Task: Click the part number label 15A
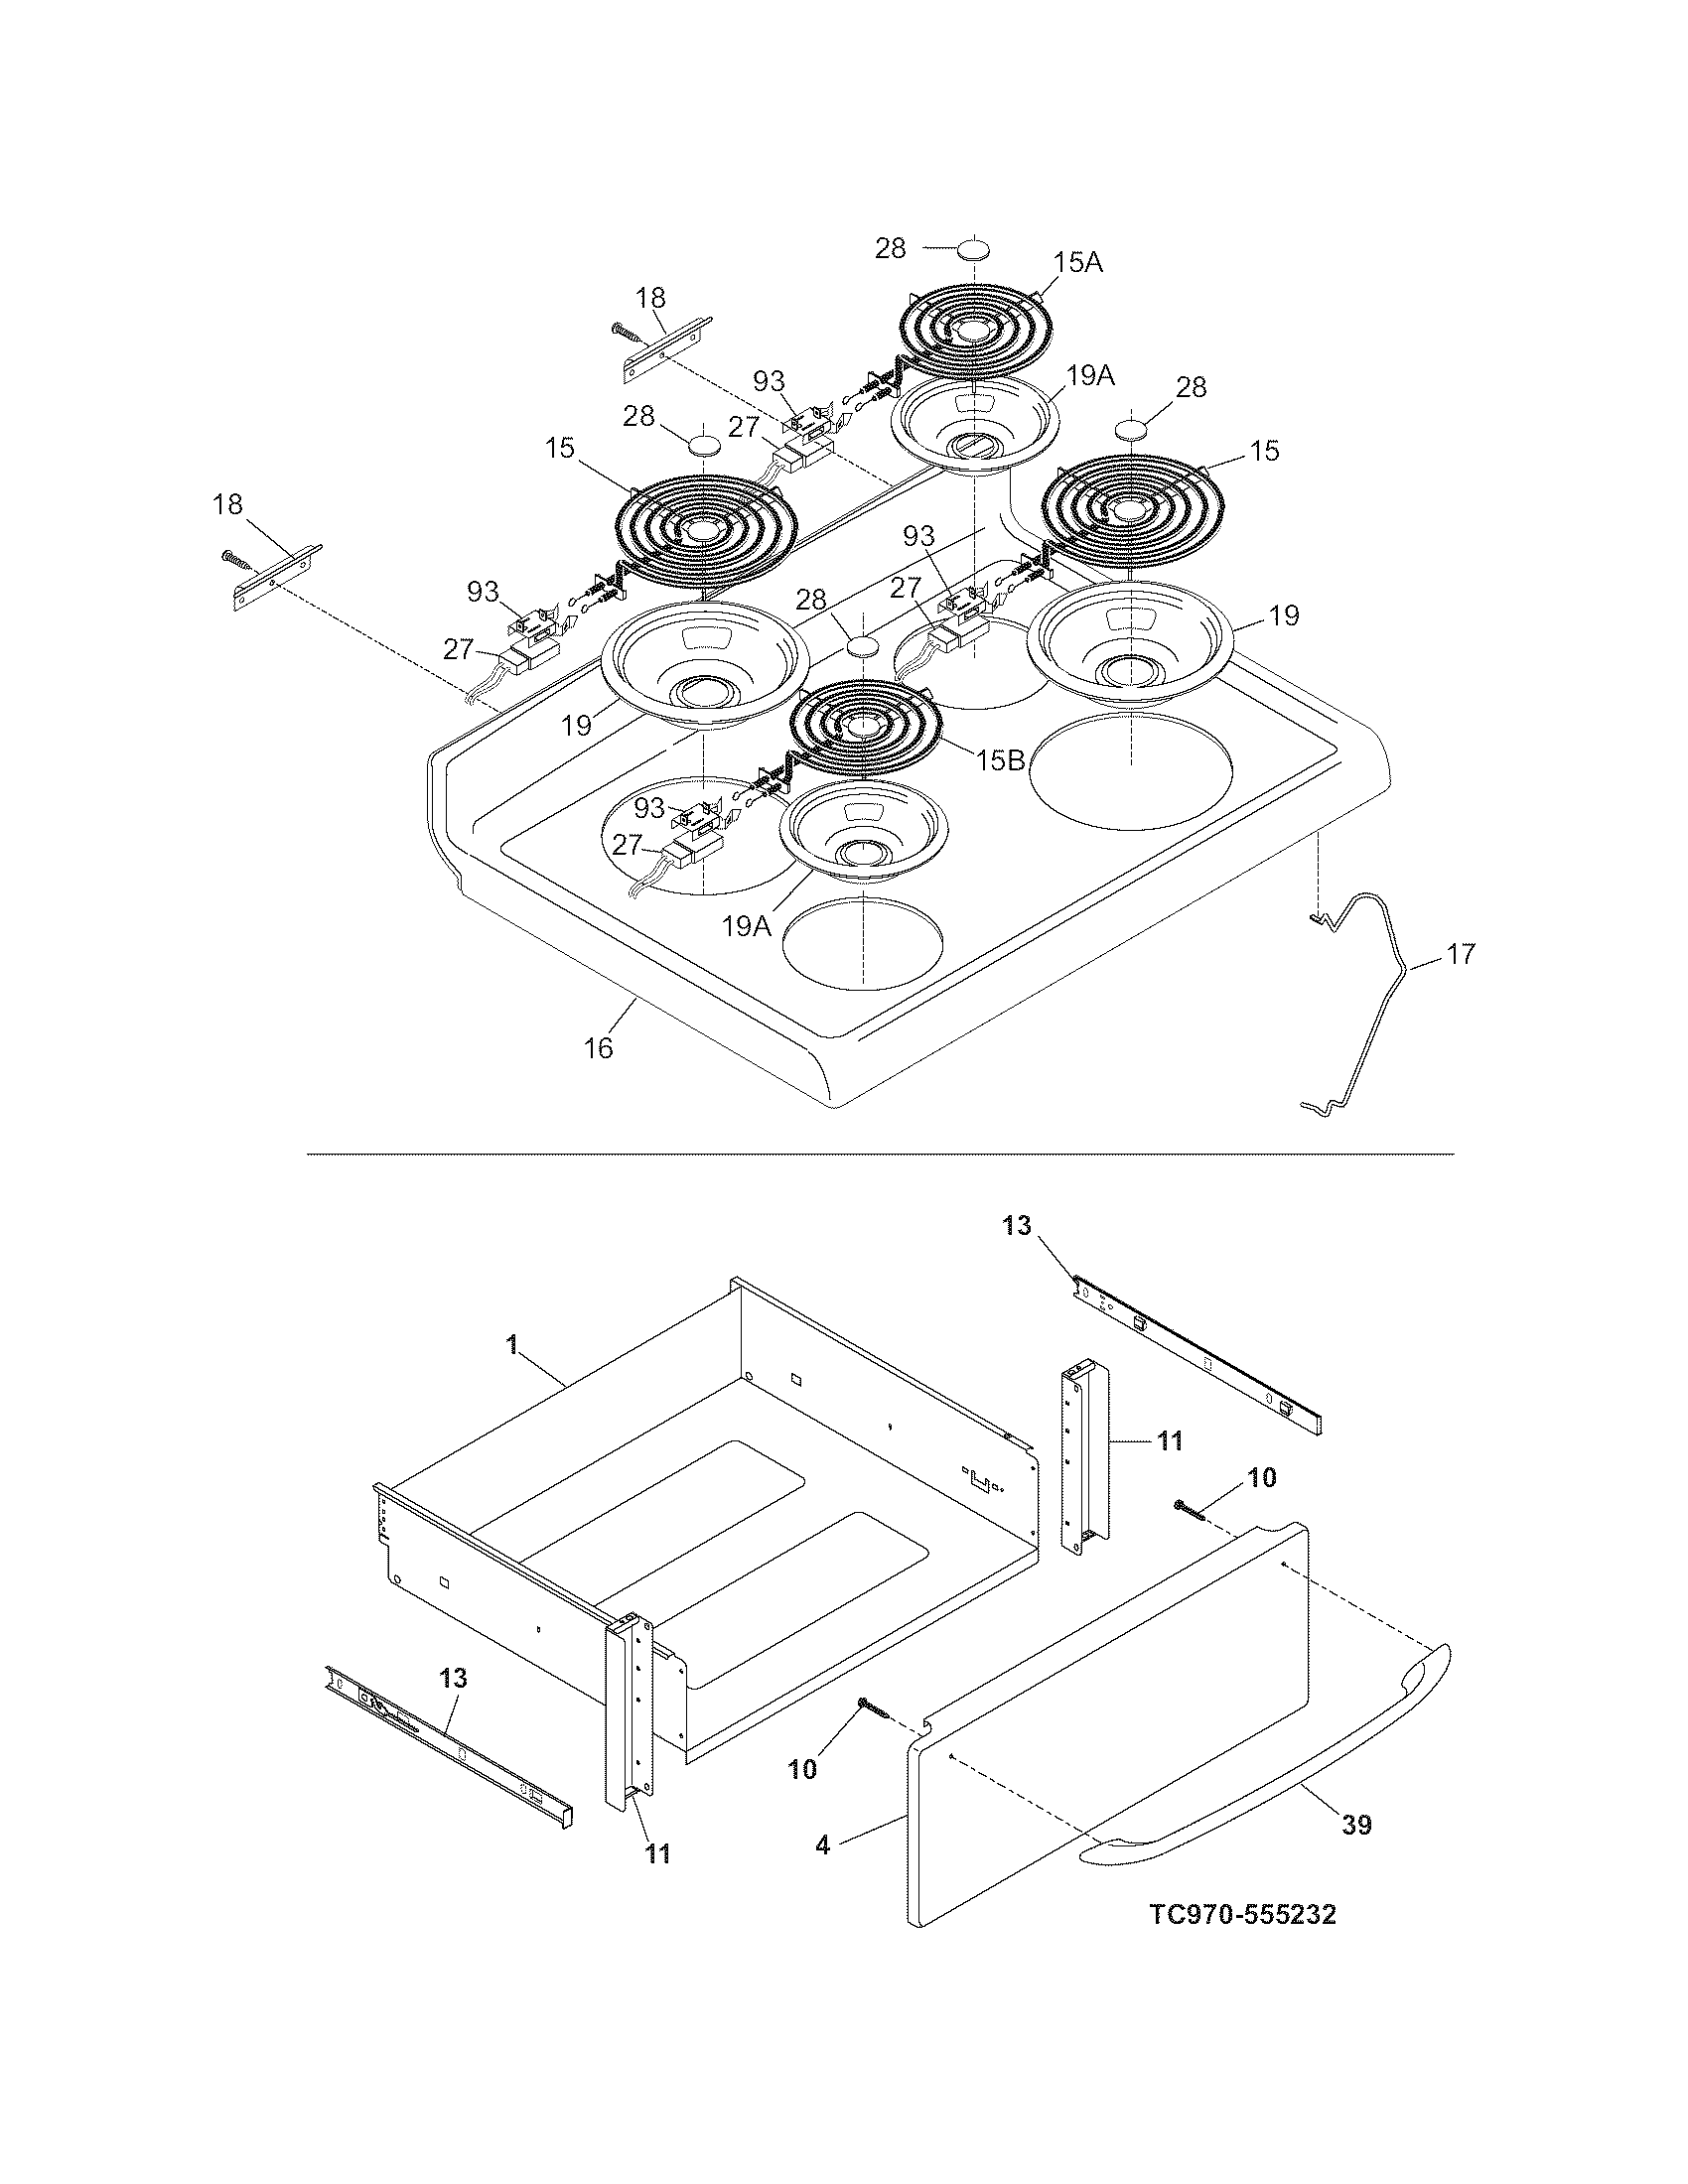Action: (1077, 263)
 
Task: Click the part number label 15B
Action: (1001, 760)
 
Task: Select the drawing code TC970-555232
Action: (1242, 1915)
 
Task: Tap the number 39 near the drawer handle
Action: (1356, 1825)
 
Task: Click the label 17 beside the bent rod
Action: (1461, 955)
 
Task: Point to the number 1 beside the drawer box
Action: (511, 1345)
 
